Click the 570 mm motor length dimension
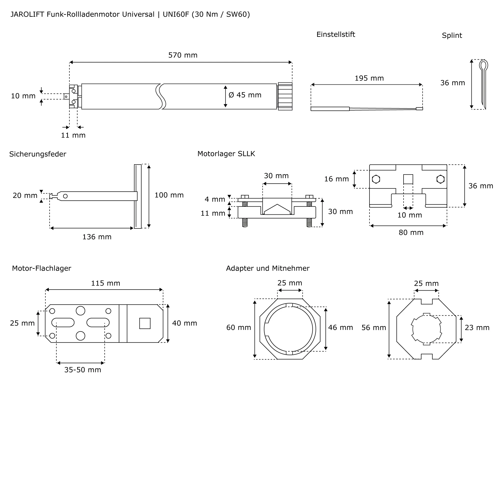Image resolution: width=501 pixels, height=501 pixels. tap(183, 55)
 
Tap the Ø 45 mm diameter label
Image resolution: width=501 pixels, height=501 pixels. tap(245, 95)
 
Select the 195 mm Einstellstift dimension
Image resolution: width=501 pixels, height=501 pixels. tap(369, 78)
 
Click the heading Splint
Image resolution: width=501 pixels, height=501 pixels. tap(452, 36)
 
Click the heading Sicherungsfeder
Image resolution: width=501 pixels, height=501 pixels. tap(38, 154)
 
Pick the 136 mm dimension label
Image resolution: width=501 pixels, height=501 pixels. tap(97, 237)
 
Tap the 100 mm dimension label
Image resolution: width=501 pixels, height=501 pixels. tap(169, 195)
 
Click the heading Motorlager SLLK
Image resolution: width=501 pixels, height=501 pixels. tap(226, 154)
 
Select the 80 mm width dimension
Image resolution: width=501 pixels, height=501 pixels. tap(411, 233)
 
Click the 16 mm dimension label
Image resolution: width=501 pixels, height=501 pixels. tap(336, 179)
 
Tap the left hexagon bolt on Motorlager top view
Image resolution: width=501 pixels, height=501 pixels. tap(376, 179)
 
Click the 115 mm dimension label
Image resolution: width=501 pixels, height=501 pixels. tap(105, 283)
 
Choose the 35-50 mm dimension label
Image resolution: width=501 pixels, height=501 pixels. tap(83, 370)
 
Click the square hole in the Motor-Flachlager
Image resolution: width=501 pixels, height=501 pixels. tap(145, 323)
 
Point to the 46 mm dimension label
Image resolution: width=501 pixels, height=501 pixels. tap(340, 328)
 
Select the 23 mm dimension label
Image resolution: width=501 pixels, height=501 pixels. tap(477, 328)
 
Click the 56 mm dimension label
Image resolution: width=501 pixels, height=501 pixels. tap(374, 328)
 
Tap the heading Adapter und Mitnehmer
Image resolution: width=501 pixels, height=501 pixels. tap(268, 268)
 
